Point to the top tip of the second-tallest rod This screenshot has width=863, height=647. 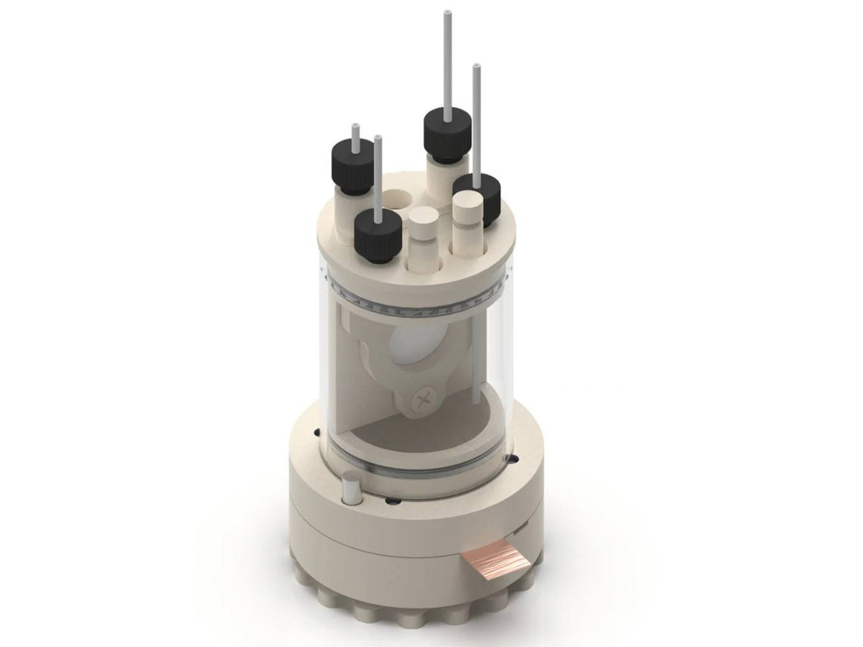tap(475, 68)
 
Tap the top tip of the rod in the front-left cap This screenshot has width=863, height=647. tap(378, 138)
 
